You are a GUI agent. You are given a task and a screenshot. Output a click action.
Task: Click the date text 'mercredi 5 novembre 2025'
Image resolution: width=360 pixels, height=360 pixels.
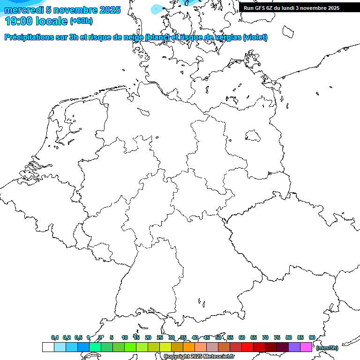coord(62,10)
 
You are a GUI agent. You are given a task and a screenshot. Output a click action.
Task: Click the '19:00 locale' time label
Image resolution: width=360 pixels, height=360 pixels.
coord(36,21)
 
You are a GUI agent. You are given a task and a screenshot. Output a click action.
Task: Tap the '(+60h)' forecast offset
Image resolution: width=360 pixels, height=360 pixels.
coord(81,21)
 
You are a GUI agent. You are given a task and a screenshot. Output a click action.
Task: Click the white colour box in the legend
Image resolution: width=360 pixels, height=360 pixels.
coord(48,347)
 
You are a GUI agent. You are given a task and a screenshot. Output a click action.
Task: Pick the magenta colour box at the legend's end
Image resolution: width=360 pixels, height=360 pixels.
coord(306,347)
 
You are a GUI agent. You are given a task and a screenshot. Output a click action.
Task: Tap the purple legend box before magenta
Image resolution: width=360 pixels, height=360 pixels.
coord(294,347)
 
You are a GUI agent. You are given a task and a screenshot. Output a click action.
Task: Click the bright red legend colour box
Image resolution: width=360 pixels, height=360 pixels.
coord(247,347)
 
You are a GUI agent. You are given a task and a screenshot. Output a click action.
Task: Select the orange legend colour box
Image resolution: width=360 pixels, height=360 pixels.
coord(189,347)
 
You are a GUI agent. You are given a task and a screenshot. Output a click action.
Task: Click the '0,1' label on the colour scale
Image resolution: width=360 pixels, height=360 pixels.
coord(55,337)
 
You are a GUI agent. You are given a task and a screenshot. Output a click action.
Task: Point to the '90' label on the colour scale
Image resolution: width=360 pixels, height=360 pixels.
coord(312,337)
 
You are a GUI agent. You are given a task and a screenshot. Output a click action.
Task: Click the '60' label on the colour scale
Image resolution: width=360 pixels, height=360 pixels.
coord(242,337)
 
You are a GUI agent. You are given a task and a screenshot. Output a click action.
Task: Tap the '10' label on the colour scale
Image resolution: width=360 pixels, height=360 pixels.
coord(125,337)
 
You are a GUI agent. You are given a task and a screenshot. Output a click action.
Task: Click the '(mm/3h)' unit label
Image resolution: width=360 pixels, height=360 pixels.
coord(327,348)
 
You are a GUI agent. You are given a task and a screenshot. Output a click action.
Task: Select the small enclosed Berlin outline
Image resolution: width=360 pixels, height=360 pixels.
coord(254,135)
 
